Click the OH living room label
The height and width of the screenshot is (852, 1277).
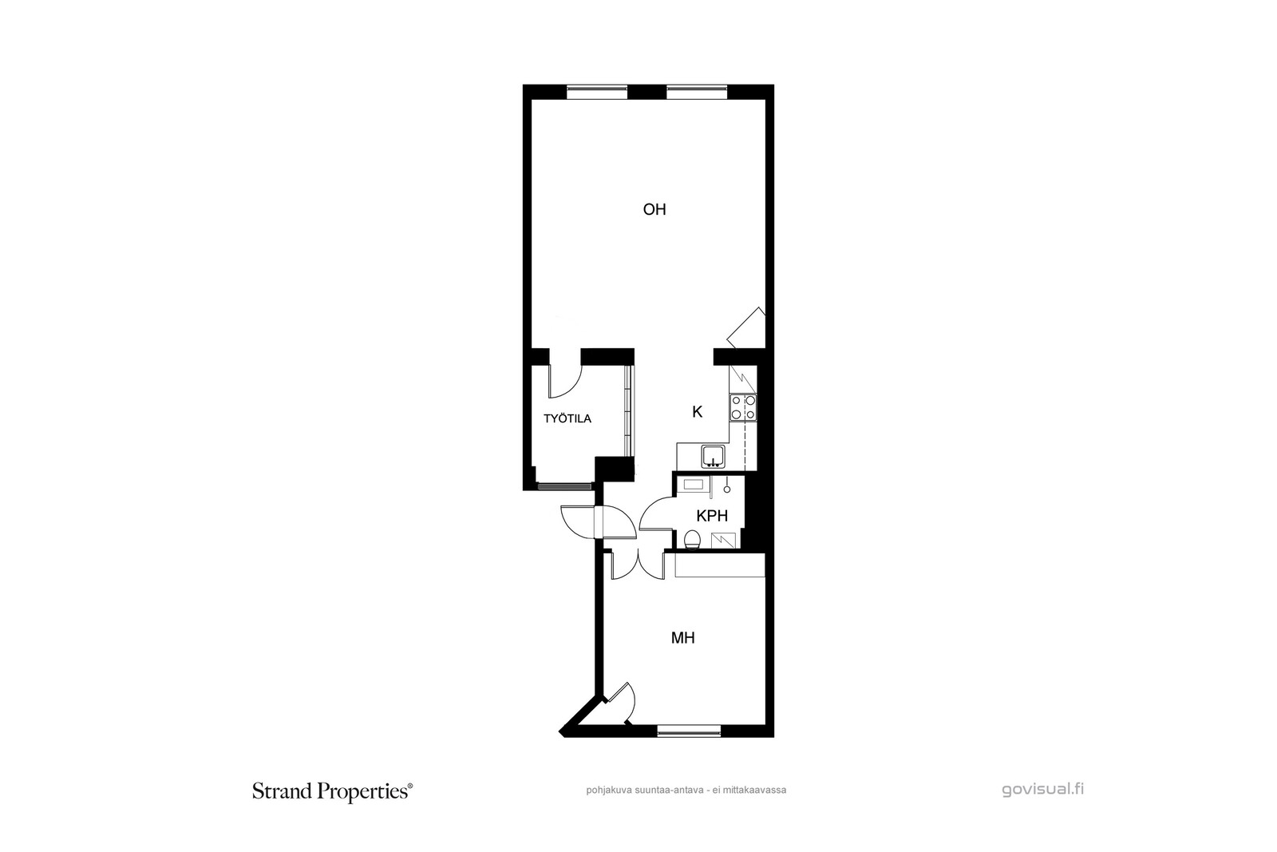tap(654, 210)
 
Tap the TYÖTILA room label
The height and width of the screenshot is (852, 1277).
tap(567, 418)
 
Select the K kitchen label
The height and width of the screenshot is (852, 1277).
tap(698, 412)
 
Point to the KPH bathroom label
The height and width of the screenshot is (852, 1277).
tap(712, 516)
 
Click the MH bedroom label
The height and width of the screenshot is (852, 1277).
tap(683, 637)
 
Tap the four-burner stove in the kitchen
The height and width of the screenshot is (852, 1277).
tap(743, 408)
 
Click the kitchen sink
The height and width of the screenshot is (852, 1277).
tap(714, 457)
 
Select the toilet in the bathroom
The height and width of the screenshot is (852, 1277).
tap(692, 539)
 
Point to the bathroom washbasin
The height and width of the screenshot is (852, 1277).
tap(693, 485)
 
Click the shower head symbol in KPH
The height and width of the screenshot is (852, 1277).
tap(727, 485)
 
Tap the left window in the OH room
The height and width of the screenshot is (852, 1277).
tap(597, 88)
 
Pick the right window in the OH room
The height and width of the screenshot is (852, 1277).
tap(697, 88)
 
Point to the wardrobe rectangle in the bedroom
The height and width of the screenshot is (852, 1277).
tap(719, 565)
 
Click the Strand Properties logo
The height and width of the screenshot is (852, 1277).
tap(332, 791)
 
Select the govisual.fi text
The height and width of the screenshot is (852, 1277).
tap(1042, 790)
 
